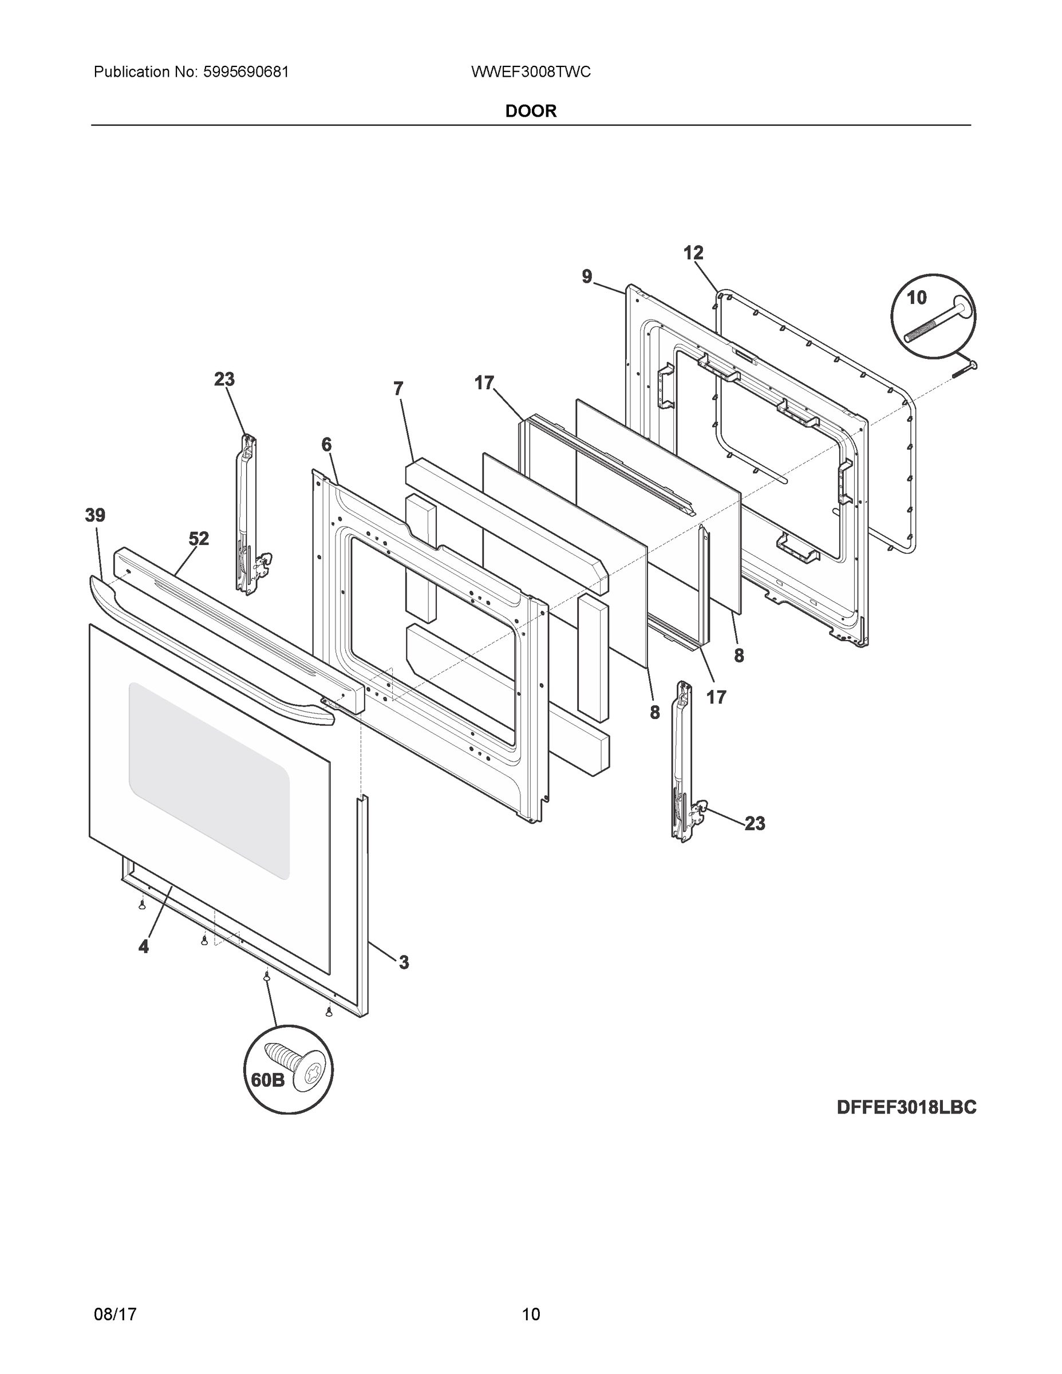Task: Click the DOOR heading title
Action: click(x=530, y=112)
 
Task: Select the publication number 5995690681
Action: click(x=246, y=72)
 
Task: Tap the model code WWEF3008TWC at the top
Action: click(x=530, y=72)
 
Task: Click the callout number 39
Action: click(x=96, y=515)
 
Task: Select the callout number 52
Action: click(x=199, y=539)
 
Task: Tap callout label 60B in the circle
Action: click(x=268, y=1080)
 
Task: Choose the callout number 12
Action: click(x=693, y=253)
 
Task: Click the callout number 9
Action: click(x=587, y=276)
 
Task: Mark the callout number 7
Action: click(x=398, y=389)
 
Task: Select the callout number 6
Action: click(x=326, y=445)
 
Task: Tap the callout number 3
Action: click(x=403, y=962)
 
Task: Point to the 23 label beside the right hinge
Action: click(x=755, y=823)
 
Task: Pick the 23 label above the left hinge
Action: click(x=224, y=380)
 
